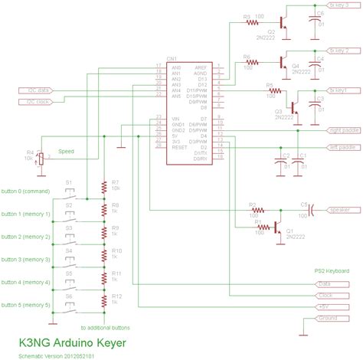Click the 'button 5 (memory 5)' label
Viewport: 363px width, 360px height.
coord(26,305)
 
